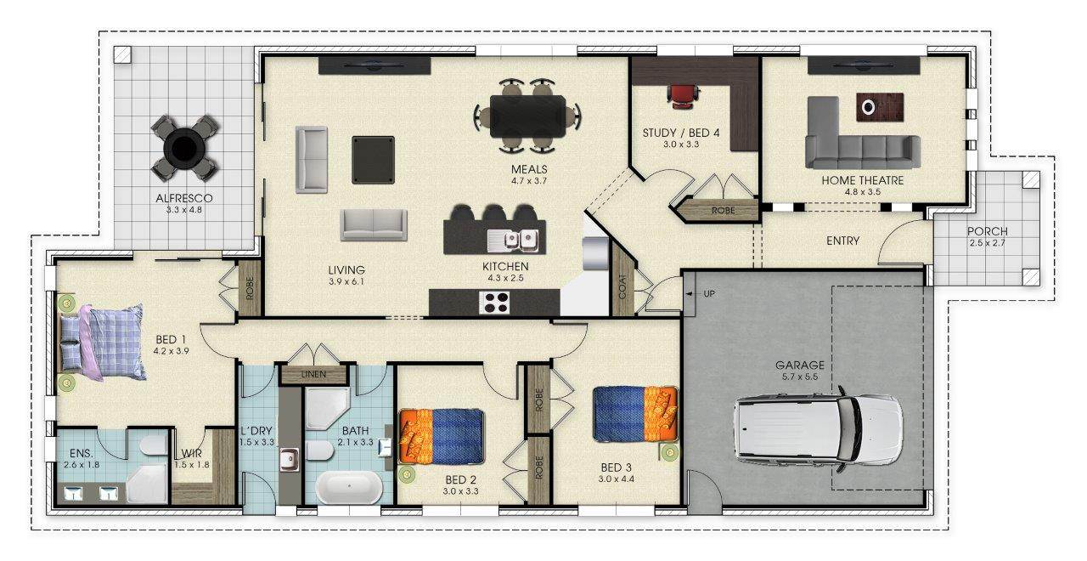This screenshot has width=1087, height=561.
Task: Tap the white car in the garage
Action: [818, 430]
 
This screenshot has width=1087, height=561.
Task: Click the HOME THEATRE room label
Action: [862, 180]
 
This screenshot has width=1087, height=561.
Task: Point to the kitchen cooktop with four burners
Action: [494, 302]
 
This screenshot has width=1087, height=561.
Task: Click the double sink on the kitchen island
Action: [519, 240]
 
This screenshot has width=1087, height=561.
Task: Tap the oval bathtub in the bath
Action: [349, 487]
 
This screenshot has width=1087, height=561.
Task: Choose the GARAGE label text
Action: [800, 365]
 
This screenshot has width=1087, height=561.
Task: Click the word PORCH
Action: [987, 231]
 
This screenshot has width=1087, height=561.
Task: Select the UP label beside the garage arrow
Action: [709, 294]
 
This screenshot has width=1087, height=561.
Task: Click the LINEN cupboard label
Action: [313, 375]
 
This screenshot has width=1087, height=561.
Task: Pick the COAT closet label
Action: [622, 286]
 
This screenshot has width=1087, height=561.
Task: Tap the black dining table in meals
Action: [527, 116]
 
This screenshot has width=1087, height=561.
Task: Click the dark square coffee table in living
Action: [373, 160]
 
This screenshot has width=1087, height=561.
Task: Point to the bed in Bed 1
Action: [102, 343]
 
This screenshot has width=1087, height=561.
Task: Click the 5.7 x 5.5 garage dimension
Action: [800, 377]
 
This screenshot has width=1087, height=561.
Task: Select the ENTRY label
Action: [843, 241]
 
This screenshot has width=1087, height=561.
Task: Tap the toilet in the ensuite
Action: [154, 445]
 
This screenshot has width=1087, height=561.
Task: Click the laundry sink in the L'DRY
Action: [289, 460]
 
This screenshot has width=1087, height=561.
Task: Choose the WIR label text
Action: [191, 454]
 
